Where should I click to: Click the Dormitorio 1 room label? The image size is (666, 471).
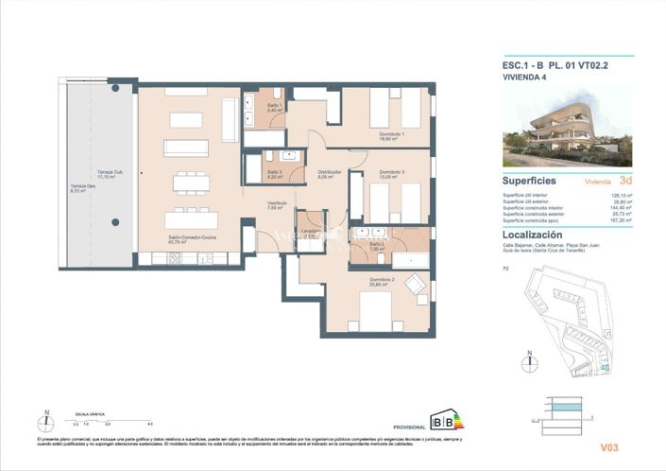(x=392, y=136)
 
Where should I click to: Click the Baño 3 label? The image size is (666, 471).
(x=274, y=173)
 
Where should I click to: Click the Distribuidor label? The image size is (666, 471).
(x=329, y=173)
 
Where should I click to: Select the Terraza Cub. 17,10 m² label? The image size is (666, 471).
(x=107, y=174)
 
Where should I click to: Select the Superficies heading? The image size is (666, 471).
(x=529, y=180)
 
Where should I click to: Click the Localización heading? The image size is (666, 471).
(x=533, y=235)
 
